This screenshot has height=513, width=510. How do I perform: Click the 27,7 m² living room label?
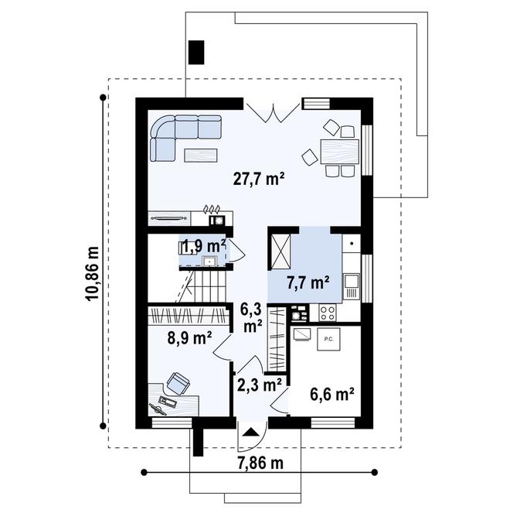pos(259,179)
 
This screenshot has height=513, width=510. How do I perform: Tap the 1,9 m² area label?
pos(204,248)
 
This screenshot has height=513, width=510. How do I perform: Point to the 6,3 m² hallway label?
pos(252,316)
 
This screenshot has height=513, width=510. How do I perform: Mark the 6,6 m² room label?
pos(332,394)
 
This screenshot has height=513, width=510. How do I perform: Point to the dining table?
pos(338,150)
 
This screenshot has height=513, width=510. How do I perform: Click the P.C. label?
pos(328,338)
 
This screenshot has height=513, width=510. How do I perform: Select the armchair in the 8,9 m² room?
pos(179,381)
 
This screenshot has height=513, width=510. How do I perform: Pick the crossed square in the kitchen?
pos(280,246)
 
